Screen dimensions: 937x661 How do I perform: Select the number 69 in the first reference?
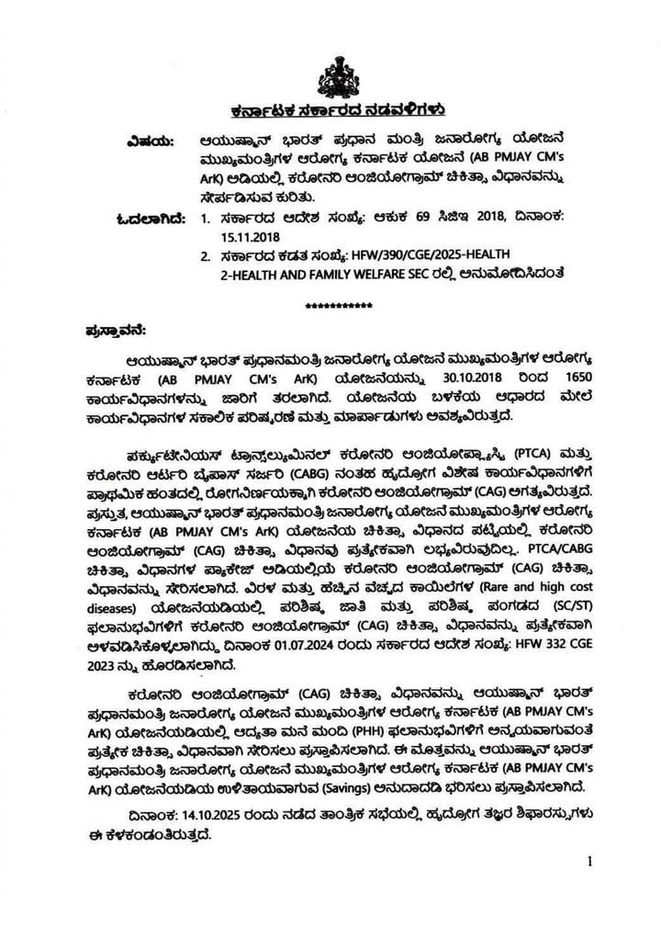(x=392, y=217)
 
